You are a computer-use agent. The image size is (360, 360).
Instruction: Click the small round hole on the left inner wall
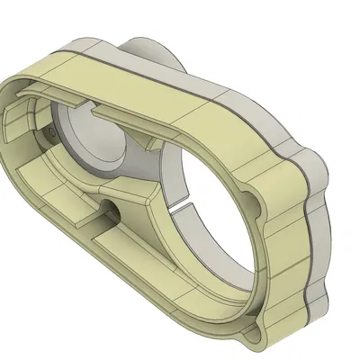(47, 131)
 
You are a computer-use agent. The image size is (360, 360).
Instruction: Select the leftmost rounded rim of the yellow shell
(11, 135)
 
